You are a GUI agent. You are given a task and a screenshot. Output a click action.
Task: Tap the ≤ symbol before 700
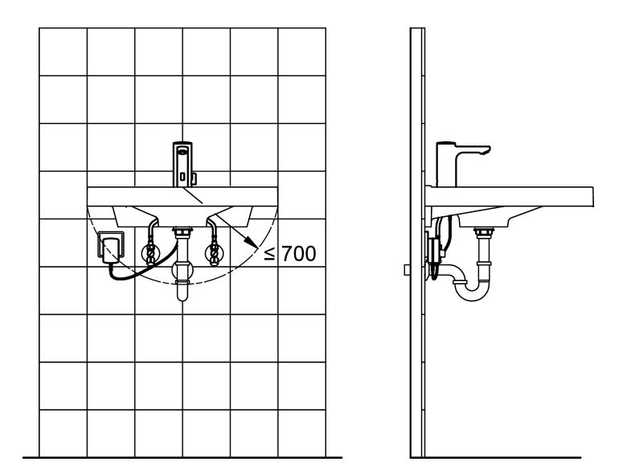(x=271, y=255)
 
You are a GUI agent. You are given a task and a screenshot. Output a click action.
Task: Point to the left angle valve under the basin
(x=149, y=254)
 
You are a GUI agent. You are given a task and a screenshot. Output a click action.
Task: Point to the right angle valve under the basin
(x=214, y=254)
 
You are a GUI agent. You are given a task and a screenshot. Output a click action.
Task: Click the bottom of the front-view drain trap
(x=182, y=293)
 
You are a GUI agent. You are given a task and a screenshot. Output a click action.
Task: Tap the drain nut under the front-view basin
(x=182, y=234)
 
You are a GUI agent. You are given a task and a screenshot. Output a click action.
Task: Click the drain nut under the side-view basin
(x=483, y=234)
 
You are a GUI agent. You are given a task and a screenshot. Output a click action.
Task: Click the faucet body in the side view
(x=446, y=165)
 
